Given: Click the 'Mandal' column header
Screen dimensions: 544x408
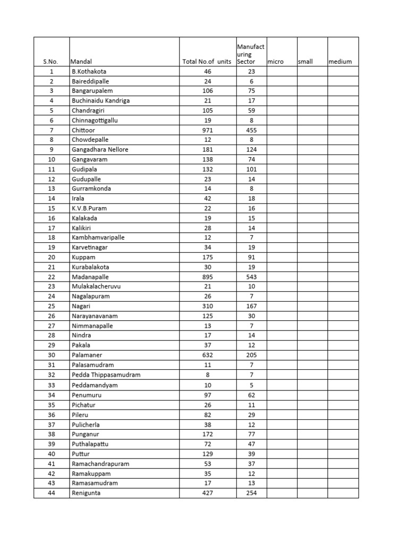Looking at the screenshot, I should click(81, 62).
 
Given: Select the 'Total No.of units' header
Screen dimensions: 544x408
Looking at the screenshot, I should click(207, 62).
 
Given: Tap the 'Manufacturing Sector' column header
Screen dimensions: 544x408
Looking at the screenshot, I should click(251, 54).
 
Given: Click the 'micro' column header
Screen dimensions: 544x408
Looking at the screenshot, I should click(276, 62).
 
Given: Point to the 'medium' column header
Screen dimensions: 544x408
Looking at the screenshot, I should click(340, 62).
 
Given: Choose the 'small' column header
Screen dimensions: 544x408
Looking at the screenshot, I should click(305, 62).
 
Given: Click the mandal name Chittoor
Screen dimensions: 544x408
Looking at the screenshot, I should click(82, 130).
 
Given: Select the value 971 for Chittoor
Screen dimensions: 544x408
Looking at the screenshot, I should click(207, 130).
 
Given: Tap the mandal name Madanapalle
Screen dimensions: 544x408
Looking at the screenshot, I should click(89, 277).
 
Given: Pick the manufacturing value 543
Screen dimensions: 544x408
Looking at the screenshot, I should click(251, 277).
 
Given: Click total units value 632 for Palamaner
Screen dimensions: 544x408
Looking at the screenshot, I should click(207, 355).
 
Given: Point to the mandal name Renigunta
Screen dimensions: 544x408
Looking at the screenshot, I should click(86, 493).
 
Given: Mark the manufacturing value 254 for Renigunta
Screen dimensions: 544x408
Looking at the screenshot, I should click(251, 493).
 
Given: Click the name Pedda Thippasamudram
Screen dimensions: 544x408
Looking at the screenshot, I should click(106, 375).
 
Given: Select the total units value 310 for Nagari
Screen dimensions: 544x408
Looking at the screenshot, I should click(207, 307).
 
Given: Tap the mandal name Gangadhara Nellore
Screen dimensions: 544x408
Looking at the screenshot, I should click(100, 149).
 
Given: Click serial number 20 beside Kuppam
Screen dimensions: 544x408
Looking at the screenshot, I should click(52, 257).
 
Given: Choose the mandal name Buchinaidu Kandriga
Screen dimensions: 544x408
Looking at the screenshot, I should click(100, 100).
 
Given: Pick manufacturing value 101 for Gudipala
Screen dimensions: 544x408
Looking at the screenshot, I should click(251, 169).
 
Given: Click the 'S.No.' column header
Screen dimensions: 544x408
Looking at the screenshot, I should click(50, 62).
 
